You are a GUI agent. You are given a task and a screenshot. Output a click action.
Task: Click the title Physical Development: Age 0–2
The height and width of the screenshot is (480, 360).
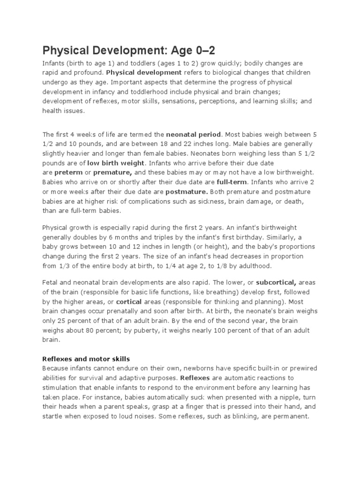click(129, 51)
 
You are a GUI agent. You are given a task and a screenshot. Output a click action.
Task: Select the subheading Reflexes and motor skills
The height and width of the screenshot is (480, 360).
click(87, 359)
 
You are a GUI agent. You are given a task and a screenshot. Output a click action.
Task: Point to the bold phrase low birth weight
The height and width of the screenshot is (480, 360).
click(116, 163)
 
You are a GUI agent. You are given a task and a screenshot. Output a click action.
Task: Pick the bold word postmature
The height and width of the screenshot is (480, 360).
click(187, 192)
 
